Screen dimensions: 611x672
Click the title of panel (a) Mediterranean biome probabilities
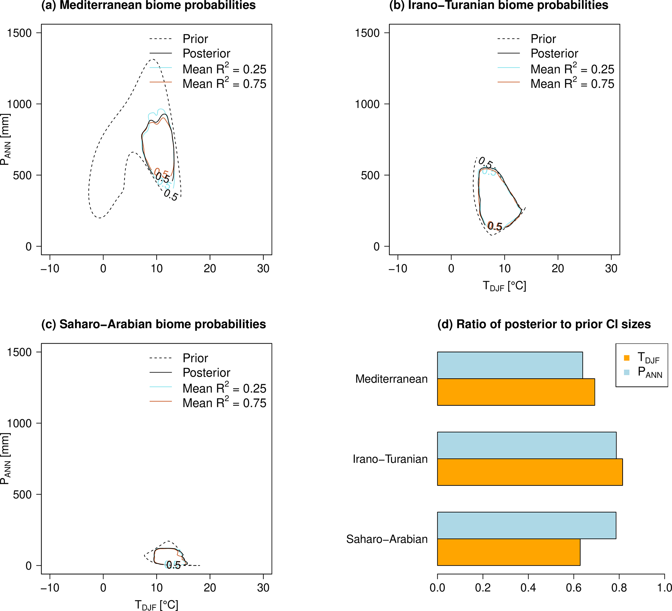pos(148,5)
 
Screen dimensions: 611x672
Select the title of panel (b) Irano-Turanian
pos(499,5)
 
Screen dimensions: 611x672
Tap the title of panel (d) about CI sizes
pos(544,324)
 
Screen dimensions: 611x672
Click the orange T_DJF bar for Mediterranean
pos(516,392)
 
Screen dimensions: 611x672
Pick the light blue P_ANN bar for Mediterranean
pos(510,365)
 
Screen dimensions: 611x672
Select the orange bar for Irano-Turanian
pos(530,472)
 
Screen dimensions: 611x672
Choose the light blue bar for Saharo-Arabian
pos(526,525)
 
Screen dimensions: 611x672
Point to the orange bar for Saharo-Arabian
pos(508,552)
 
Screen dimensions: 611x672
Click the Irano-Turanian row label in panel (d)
pos(390,459)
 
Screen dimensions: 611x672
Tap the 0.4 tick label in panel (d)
pos(528,587)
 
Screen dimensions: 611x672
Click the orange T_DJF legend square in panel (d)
pos(627,358)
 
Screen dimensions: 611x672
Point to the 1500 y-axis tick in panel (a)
pos(19,33)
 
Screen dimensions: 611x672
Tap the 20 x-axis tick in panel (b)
pos(558,268)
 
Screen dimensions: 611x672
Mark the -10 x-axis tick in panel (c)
pos(50,588)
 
